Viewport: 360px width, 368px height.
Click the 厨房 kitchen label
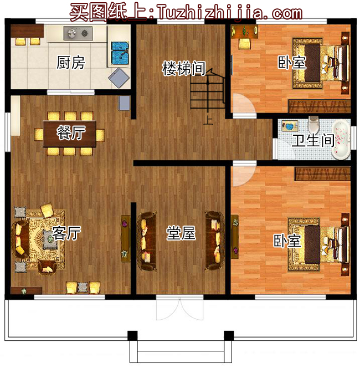pos(70,63)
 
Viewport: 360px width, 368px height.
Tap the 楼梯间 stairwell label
pos(184,69)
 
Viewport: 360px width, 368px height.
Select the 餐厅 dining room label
pos(71,132)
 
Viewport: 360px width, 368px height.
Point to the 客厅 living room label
pos(66,233)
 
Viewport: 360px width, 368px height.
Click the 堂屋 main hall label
pos(181,233)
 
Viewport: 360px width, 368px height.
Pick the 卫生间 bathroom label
pos(313,140)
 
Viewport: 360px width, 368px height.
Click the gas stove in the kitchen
pos(78,33)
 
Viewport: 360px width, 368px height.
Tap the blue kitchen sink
pos(120,53)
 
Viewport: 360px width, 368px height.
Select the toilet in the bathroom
pos(313,125)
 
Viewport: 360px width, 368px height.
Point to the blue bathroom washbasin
pos(290,126)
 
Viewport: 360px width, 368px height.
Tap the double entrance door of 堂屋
pos(179,308)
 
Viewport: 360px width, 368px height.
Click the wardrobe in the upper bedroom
pos(320,106)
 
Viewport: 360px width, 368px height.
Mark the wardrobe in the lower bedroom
pos(322,174)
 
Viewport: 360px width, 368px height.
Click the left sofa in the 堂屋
pos(147,241)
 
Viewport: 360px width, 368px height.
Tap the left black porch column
pos(132,335)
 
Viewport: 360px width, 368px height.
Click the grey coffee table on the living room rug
pos(50,239)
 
